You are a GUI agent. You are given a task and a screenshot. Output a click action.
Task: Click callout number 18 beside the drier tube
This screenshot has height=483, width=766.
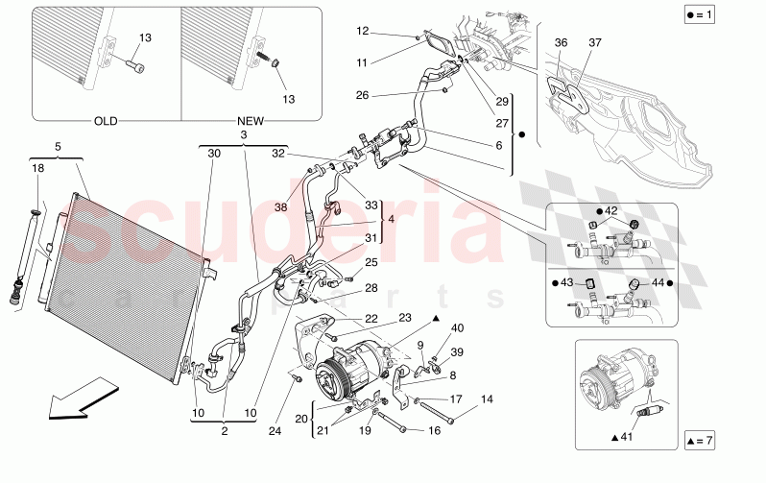[x=37, y=167]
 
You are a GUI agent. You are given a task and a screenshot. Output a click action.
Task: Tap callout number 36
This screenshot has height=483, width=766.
[x=562, y=42]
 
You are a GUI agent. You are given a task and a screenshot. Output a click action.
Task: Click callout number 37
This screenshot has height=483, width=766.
[x=596, y=42]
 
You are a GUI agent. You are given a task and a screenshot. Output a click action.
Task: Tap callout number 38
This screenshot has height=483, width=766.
[x=281, y=206]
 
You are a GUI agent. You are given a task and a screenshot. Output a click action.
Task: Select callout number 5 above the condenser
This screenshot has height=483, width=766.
[x=57, y=147]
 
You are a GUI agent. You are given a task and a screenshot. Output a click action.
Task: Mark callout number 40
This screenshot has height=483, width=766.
[x=457, y=328]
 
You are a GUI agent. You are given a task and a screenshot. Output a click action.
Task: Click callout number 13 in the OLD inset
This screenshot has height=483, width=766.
[x=145, y=37]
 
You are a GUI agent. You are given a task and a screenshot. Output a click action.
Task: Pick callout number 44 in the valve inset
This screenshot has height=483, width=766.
[x=658, y=283]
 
